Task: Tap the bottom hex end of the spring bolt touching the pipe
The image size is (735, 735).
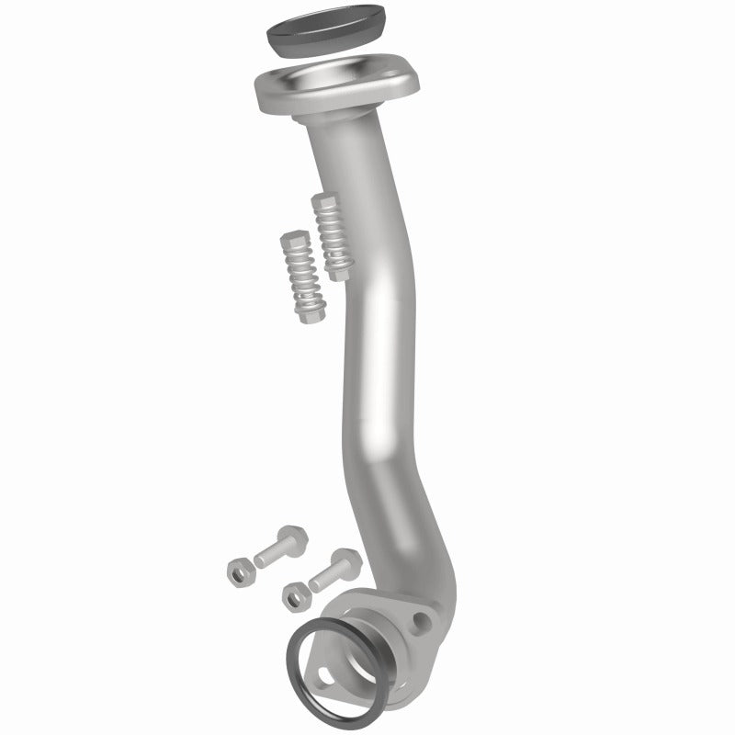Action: click(343, 269)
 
